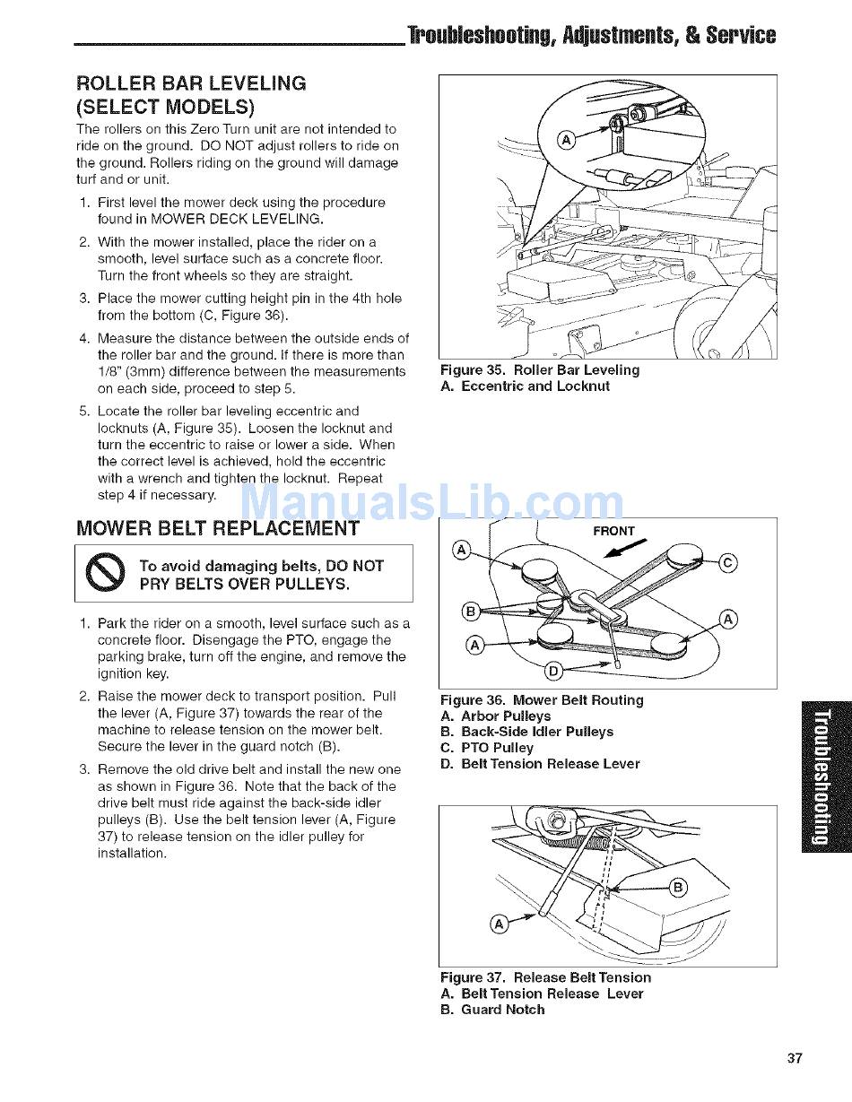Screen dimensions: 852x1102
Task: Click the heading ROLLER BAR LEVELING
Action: click(191, 83)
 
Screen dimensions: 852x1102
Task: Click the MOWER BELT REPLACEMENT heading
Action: click(218, 528)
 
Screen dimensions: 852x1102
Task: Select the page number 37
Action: click(795, 1058)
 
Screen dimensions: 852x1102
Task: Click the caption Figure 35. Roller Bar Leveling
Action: click(540, 370)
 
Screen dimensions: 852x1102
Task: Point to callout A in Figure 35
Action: click(566, 140)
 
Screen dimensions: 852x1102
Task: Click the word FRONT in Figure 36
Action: click(613, 531)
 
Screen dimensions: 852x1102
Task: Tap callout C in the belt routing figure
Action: click(729, 563)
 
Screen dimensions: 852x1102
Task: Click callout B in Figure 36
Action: click(469, 612)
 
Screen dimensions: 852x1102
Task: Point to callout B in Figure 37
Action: click(679, 888)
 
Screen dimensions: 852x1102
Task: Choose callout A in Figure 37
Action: click(501, 924)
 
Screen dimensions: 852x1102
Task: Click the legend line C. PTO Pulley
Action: click(487, 748)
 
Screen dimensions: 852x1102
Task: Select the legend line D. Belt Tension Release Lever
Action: click(540, 764)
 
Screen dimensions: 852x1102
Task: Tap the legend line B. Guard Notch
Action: click(492, 1010)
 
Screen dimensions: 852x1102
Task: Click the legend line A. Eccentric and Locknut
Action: click(525, 386)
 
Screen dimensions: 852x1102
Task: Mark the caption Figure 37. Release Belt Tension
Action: click(545, 977)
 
